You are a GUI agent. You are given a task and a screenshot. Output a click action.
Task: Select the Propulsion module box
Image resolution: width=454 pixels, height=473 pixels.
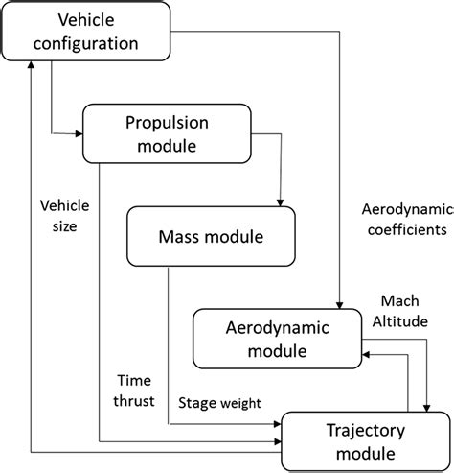(168, 134)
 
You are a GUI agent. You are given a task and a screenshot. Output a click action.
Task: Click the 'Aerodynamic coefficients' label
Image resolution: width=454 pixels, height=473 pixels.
(401, 220)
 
